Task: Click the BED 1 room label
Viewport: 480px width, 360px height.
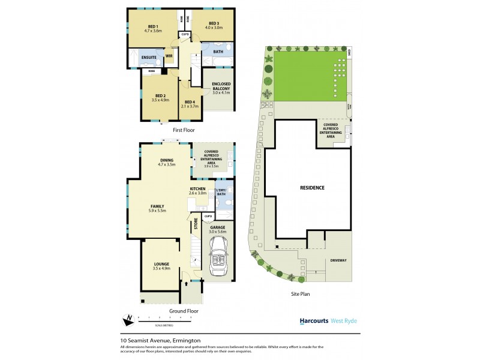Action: pos(152,26)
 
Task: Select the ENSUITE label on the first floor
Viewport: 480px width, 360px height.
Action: pos(149,58)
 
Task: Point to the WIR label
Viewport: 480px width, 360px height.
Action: pos(169,58)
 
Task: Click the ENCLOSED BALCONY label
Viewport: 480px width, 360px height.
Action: pos(217,86)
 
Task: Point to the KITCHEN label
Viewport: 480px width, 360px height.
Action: pos(198,188)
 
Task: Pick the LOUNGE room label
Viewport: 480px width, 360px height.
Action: pos(161,264)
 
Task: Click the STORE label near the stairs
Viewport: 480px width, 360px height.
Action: pos(196,224)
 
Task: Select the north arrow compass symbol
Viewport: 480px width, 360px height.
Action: pos(128,319)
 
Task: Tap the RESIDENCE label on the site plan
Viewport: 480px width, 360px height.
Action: pos(312,188)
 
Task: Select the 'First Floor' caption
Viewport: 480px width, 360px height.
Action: pos(184,130)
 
